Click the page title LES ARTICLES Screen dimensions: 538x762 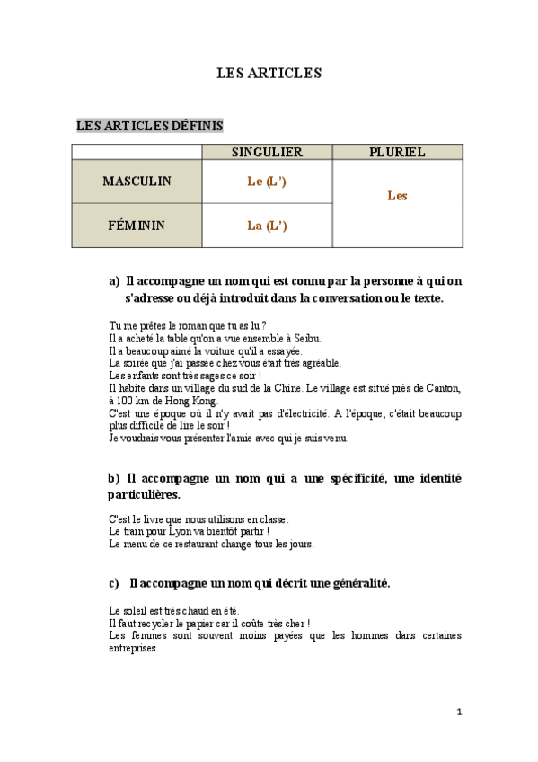click(269, 73)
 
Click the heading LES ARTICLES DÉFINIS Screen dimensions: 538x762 click(150, 126)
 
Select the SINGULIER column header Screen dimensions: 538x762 click(267, 153)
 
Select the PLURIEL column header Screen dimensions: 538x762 click(397, 153)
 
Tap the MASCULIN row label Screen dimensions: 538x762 click(137, 182)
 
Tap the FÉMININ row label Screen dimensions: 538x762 click(137, 226)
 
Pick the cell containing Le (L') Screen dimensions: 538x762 click(267, 182)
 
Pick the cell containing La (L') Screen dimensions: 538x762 click(267, 226)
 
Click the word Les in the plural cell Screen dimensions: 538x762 click(397, 195)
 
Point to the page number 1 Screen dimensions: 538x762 click(459, 712)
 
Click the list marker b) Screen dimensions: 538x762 click(113, 479)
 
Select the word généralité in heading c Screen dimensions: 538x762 click(356, 583)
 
